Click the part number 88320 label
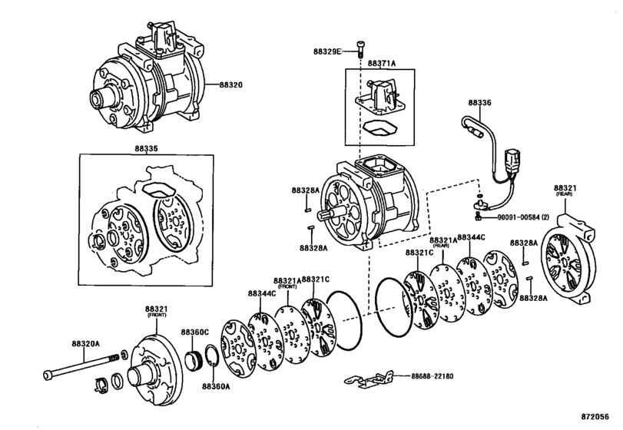[230, 84]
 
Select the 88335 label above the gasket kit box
[146, 148]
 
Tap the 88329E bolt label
[327, 51]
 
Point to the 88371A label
[382, 63]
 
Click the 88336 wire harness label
[479, 102]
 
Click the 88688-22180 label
[432, 375]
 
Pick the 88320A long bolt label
[85, 343]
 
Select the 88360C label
[195, 332]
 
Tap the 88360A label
[216, 385]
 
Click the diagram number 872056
[595, 416]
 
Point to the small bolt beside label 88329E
[361, 48]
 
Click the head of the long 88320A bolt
[48, 374]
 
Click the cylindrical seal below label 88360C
[194, 359]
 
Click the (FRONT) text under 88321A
[287, 286]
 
